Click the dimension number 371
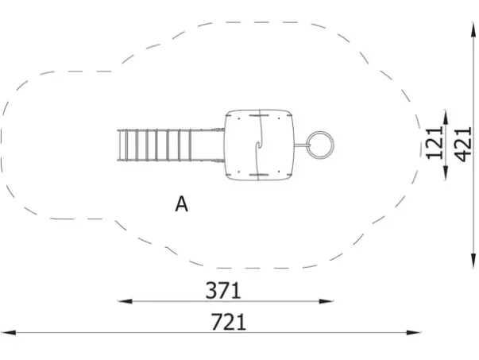(x=223, y=290)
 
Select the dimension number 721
(x=229, y=322)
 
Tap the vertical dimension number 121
(x=434, y=143)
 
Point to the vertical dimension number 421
(x=462, y=144)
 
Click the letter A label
(x=181, y=204)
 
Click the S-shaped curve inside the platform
(x=260, y=145)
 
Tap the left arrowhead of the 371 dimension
(x=125, y=301)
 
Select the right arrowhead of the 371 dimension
(x=326, y=301)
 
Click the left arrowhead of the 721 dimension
(x=8, y=332)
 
